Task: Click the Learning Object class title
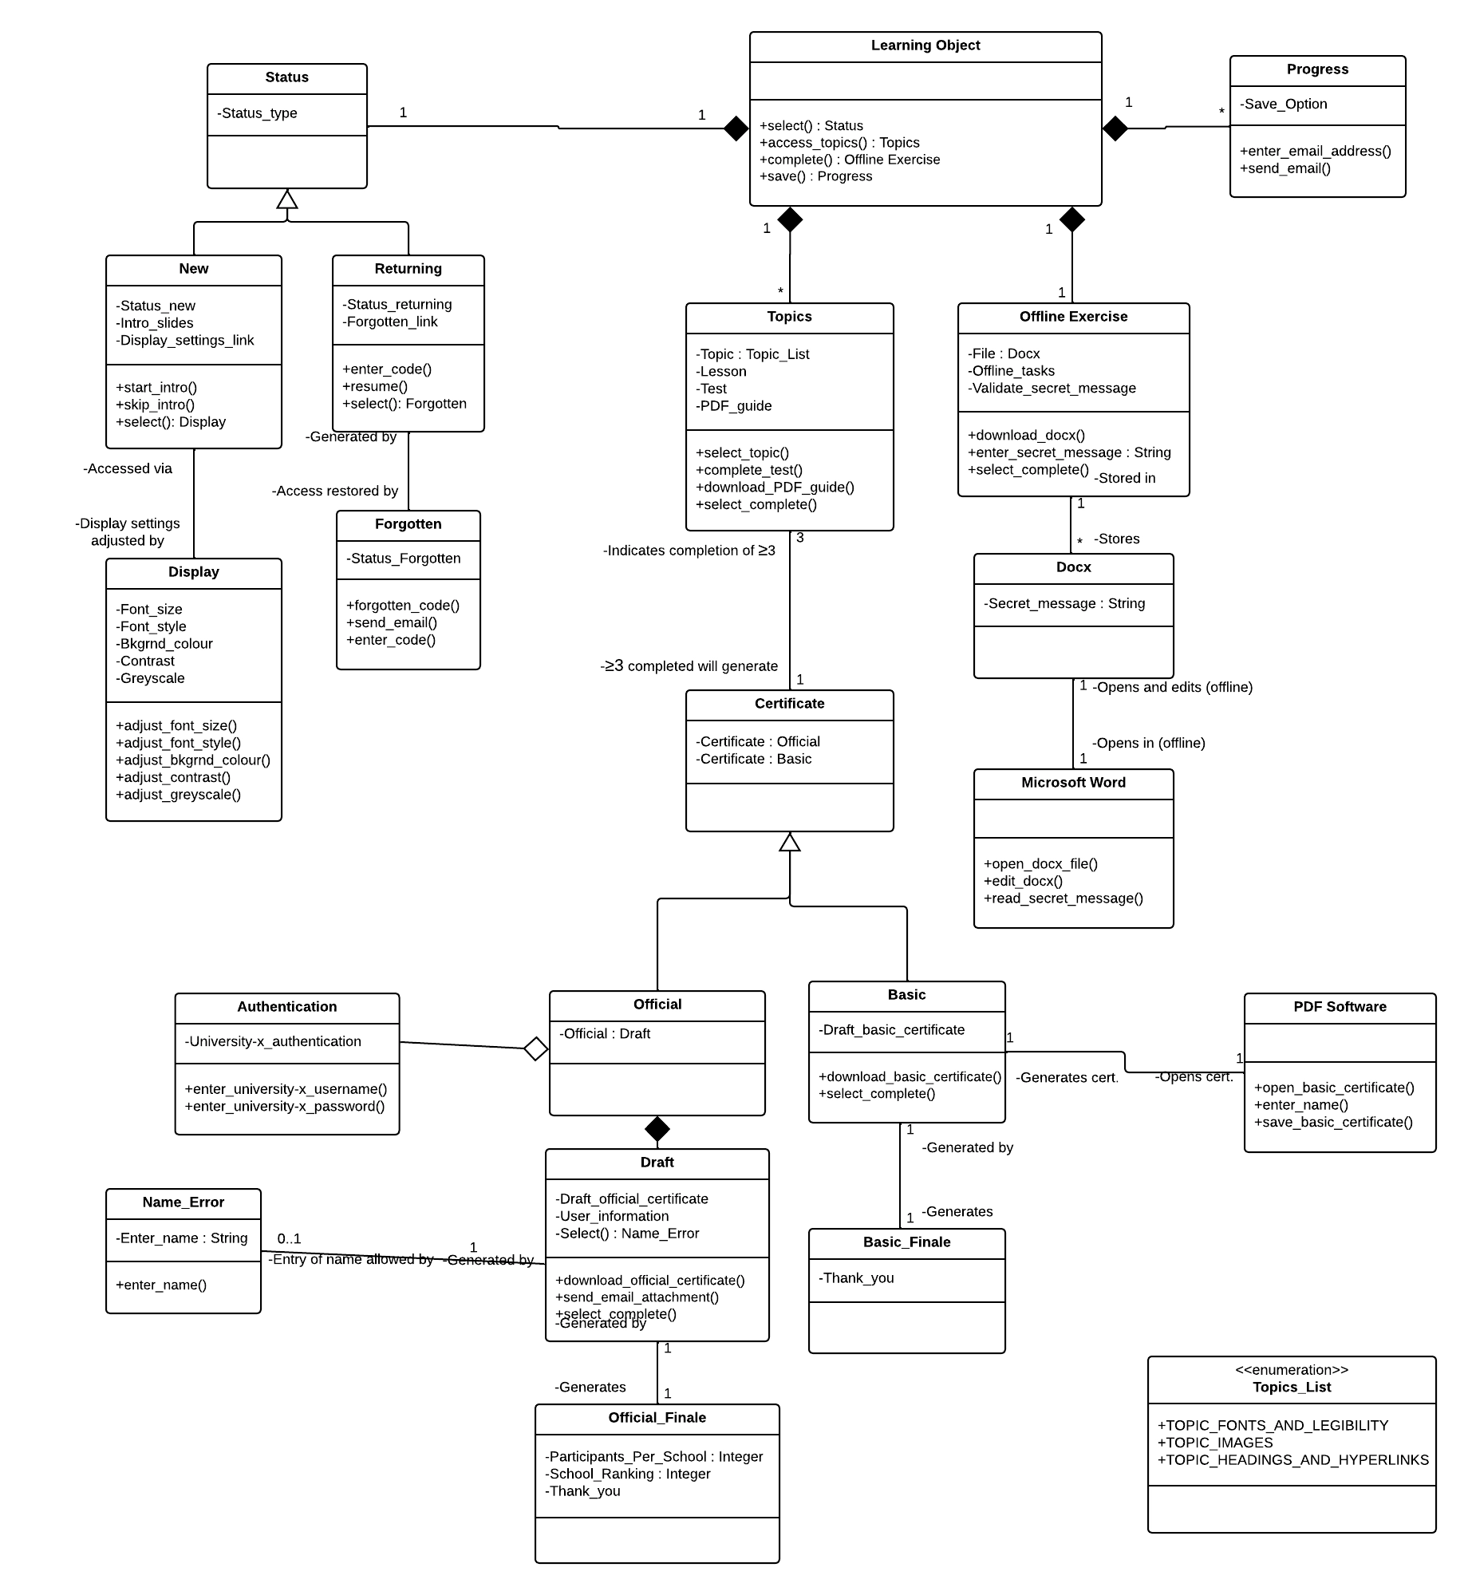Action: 925,45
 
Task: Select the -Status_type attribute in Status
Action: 257,113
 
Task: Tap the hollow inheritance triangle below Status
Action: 287,199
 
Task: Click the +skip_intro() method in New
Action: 155,405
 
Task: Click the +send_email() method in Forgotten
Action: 391,622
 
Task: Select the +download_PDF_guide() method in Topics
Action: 775,487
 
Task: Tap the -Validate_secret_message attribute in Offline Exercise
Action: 1052,388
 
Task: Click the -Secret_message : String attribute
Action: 1064,603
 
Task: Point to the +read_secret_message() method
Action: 1063,898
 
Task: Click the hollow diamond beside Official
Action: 536,1048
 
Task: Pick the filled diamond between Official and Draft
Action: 657,1129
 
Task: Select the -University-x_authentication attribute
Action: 273,1041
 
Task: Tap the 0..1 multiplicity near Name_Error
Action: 289,1238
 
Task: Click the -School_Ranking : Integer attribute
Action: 628,1474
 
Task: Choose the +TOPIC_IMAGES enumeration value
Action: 1215,1443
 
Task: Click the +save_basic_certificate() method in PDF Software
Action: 1333,1122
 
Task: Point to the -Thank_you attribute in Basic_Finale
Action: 856,1277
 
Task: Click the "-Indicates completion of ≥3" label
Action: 689,551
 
